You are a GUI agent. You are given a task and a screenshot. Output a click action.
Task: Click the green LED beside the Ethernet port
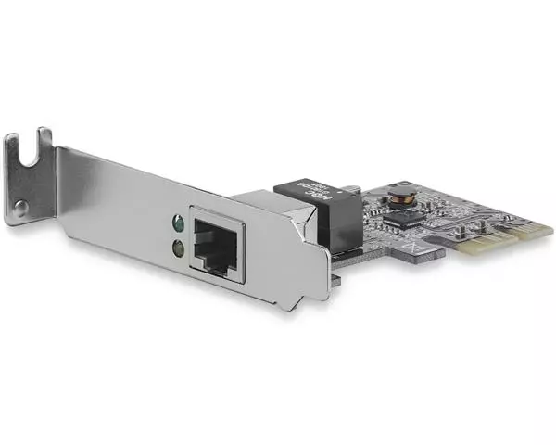pyautogui.click(x=176, y=223)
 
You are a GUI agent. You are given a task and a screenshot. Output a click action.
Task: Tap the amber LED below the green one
pyautogui.click(x=177, y=247)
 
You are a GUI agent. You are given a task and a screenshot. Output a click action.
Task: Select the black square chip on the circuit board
pyautogui.click(x=405, y=219)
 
